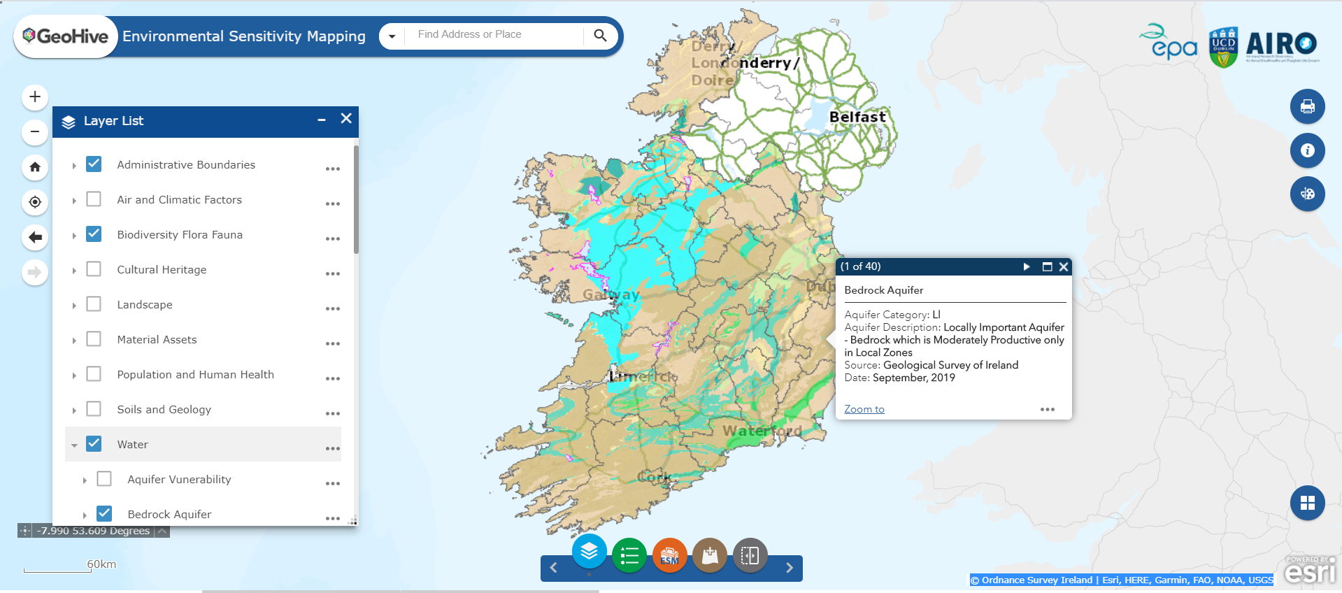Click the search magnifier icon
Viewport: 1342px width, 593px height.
600,36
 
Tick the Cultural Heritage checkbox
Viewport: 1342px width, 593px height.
94,269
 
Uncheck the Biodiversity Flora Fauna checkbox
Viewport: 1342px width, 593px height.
94,234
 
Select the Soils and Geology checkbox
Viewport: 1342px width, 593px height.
94,409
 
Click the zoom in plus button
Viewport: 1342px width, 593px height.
35,97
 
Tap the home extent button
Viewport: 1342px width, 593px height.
35,167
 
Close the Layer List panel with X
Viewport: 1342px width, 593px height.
346,119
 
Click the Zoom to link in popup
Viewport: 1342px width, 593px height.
864,409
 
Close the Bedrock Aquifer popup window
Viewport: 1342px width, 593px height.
1064,266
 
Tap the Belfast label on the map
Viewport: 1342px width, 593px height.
857,117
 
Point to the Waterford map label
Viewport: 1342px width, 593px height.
762,431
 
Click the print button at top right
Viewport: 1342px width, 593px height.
1307,107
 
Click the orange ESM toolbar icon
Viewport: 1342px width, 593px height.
669,556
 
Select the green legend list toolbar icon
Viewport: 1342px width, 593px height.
629,556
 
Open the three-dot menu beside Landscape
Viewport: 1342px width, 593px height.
333,308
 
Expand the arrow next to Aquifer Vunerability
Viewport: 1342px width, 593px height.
85,480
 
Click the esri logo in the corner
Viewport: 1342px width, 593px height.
1310,571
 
